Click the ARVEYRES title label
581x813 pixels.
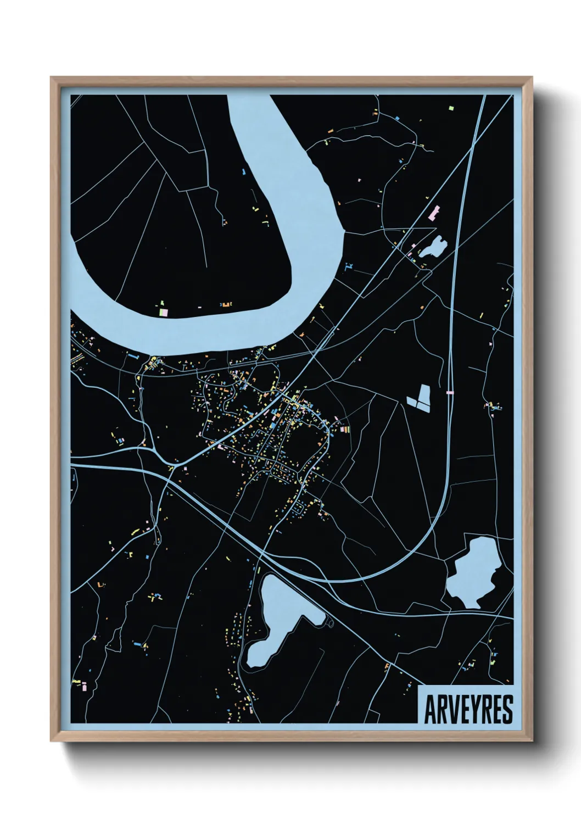pos(468,709)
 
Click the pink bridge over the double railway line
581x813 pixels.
pos(450,392)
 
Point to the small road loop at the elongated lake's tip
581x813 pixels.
pos(330,622)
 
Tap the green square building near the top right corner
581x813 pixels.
pos(451,108)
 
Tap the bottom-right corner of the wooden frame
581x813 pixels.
pos(532,740)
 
